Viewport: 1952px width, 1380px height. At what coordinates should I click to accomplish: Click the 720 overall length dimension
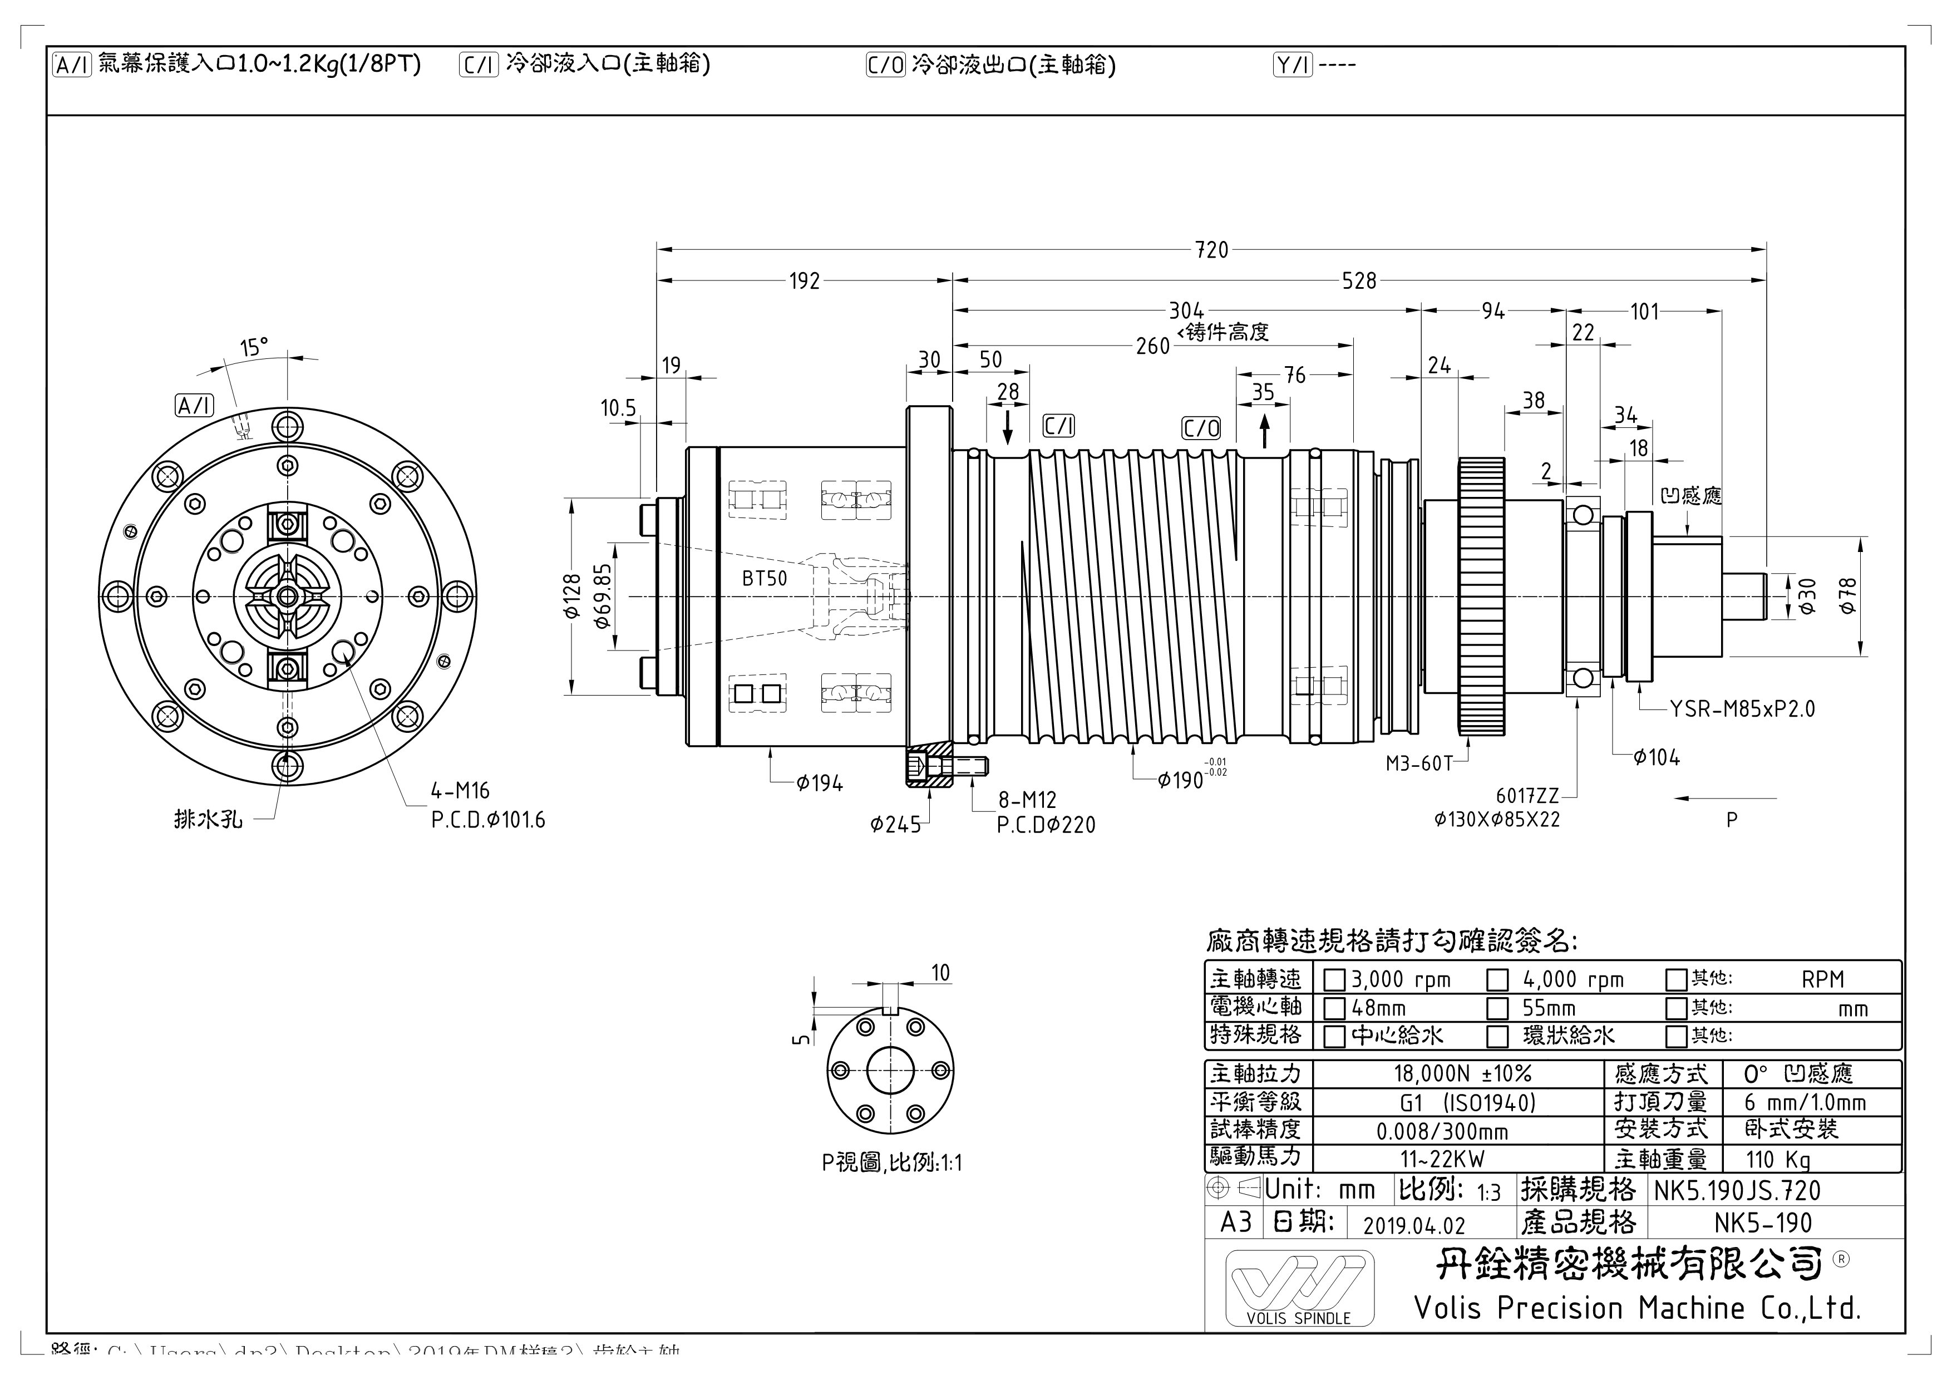click(x=1211, y=250)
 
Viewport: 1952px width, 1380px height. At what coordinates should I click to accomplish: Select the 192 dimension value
click(x=804, y=280)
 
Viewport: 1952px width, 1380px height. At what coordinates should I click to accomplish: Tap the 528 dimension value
click(x=1359, y=280)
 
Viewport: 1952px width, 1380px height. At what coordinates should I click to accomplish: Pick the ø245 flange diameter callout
click(x=895, y=825)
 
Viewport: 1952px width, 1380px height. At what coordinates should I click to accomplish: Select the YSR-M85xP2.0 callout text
click(x=1742, y=709)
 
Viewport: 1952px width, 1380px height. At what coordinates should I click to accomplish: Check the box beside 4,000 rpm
click(x=1497, y=980)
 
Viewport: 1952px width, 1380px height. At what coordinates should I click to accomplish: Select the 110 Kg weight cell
click(x=1778, y=1160)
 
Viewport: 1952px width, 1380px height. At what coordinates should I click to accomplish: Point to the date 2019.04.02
click(x=1414, y=1225)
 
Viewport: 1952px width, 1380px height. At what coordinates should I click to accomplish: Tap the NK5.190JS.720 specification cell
click(x=1737, y=1190)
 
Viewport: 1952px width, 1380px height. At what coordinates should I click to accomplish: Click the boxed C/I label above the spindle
click(x=1058, y=426)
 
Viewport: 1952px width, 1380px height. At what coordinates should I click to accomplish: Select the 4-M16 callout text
click(x=460, y=791)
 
